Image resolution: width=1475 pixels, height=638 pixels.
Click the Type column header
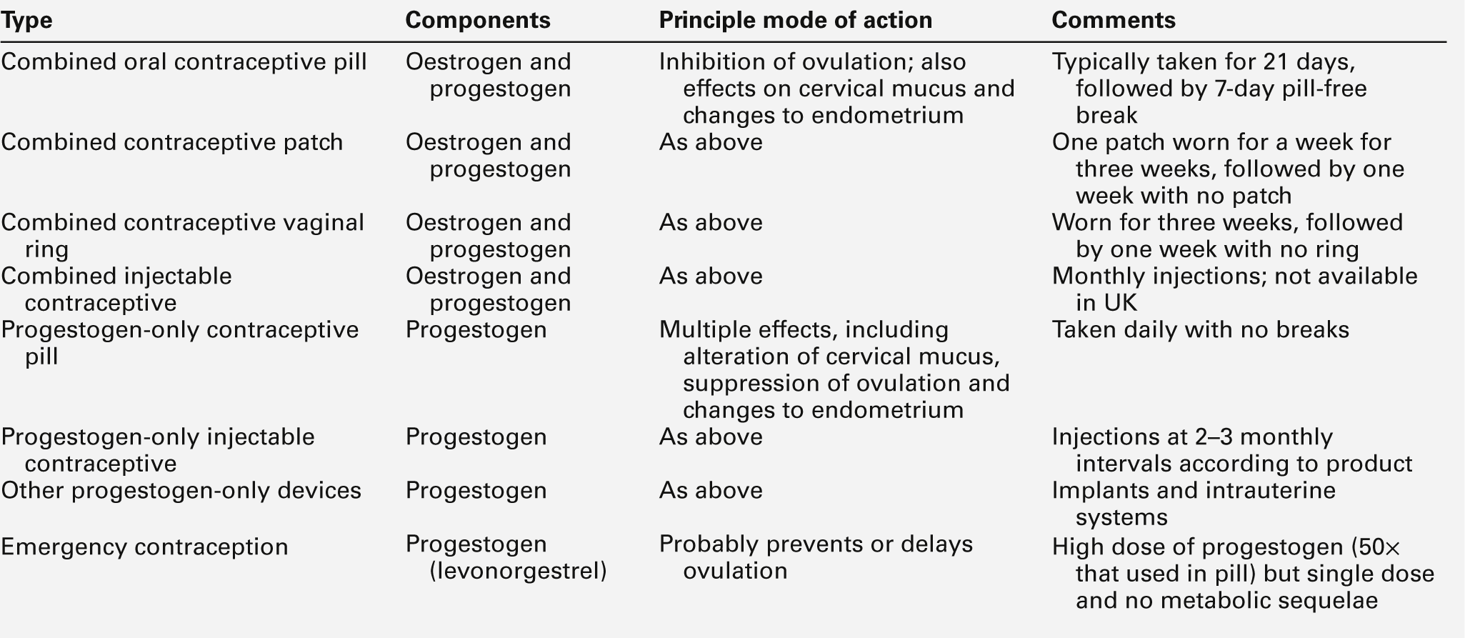(26, 21)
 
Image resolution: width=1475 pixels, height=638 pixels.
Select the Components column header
(477, 21)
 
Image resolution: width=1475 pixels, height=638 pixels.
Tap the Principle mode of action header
(795, 21)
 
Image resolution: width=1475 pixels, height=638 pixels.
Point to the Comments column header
(1113, 21)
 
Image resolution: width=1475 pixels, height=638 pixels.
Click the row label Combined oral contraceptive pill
(184, 62)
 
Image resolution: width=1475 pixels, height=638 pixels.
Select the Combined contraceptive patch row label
(171, 142)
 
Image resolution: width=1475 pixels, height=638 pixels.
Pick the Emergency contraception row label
(144, 547)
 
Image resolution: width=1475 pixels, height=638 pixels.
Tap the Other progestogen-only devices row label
(181, 491)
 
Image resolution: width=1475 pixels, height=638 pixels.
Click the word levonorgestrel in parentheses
(518, 572)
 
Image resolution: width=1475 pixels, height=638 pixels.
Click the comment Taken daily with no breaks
(1200, 330)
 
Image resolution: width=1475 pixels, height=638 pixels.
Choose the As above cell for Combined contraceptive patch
(710, 142)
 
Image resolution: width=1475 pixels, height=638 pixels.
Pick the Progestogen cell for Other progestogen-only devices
(476, 491)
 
